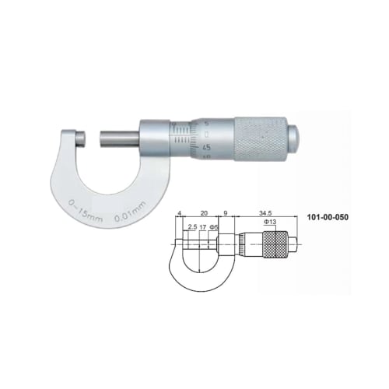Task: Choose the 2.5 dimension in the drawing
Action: tap(191, 228)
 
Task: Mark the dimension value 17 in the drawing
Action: tap(204, 228)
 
